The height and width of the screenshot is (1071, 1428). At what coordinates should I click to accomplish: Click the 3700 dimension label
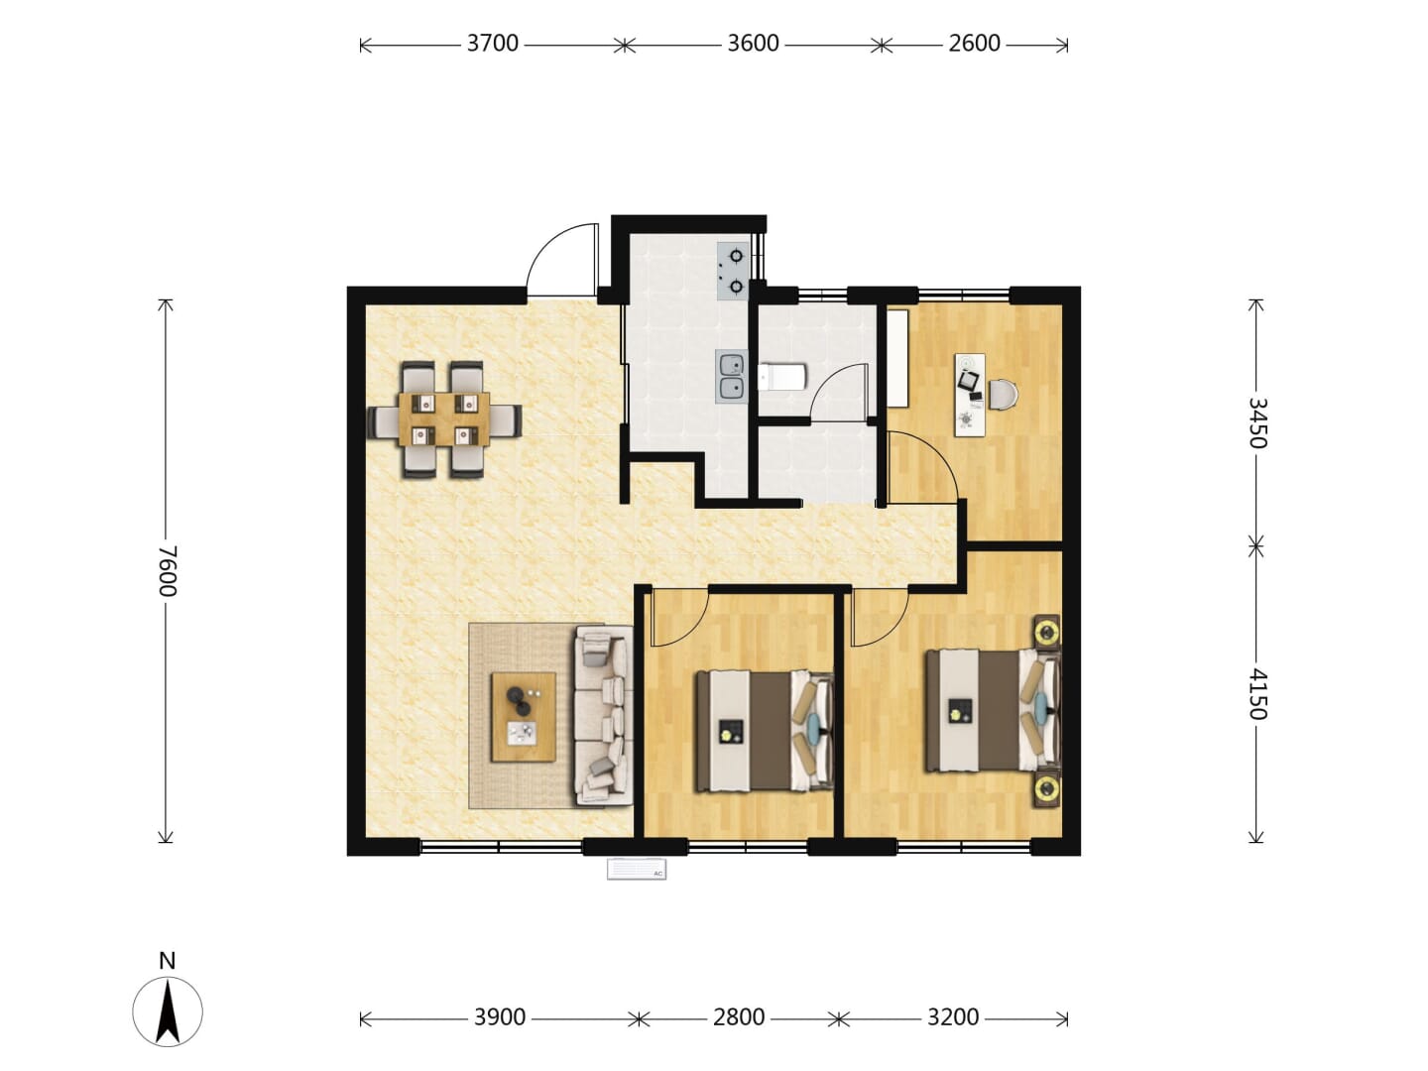point(493,44)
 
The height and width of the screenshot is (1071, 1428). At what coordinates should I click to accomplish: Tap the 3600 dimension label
point(753,44)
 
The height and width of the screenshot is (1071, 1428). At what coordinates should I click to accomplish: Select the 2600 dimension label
point(974,44)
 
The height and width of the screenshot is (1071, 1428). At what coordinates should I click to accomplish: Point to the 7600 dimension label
point(168,571)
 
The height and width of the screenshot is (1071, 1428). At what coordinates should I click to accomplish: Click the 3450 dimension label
point(1257,422)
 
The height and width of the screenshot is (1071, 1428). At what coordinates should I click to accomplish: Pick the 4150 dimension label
point(1257,694)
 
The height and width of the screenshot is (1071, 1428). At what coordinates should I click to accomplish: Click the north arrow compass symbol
point(168,1012)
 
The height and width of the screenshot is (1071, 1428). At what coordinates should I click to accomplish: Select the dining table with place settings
point(444,419)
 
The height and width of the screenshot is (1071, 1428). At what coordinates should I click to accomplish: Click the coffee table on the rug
point(523,717)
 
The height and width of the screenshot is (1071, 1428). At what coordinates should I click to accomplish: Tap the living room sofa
point(603,716)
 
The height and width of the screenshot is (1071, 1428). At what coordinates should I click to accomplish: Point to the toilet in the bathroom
point(781,377)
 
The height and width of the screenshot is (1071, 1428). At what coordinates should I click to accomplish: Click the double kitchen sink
point(731,377)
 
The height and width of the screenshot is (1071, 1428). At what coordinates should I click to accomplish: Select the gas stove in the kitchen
point(733,271)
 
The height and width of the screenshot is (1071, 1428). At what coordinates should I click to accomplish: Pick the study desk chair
point(1004,396)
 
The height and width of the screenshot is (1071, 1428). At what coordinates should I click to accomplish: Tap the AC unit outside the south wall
point(637,870)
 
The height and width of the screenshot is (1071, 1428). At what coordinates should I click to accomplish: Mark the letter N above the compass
point(168,961)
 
